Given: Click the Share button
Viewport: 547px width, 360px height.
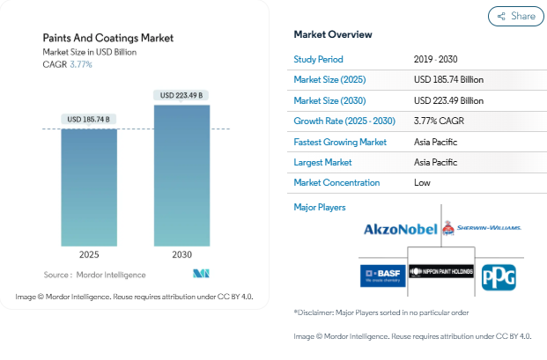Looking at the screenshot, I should (x=515, y=16).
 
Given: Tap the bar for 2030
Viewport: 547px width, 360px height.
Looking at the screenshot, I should (x=181, y=176).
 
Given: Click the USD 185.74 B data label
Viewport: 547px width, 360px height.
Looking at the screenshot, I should (x=89, y=119).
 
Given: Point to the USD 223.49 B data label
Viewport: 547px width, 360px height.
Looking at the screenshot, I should (x=181, y=95).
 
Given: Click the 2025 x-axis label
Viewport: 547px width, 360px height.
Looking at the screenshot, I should (x=89, y=254).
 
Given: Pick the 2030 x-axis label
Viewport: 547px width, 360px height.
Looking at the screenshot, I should (x=181, y=254).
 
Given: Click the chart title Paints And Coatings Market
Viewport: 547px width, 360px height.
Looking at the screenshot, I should (x=108, y=38).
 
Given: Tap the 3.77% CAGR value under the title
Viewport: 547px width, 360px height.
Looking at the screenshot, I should (x=80, y=64).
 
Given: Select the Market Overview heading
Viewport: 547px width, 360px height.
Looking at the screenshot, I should (x=332, y=34).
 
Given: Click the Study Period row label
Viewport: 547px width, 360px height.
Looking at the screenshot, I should (x=319, y=59).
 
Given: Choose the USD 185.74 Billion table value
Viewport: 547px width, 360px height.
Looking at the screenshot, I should (x=448, y=79).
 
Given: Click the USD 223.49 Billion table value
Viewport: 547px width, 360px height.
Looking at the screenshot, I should (x=448, y=100).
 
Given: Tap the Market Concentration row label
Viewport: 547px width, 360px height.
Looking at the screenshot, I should (x=336, y=183).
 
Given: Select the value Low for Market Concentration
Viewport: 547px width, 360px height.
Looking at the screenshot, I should (x=422, y=183).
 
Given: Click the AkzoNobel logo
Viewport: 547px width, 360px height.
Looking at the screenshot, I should (x=401, y=230).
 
